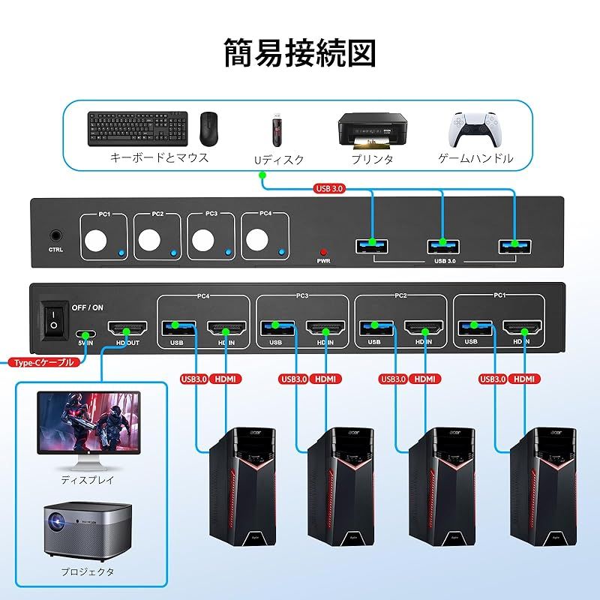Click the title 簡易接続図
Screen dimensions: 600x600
point(300,53)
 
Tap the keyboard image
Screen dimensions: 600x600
point(137,128)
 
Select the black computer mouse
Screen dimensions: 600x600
point(209,128)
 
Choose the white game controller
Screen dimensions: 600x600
point(474,129)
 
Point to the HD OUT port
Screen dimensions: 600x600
point(127,328)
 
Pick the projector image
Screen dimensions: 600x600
point(87,529)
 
